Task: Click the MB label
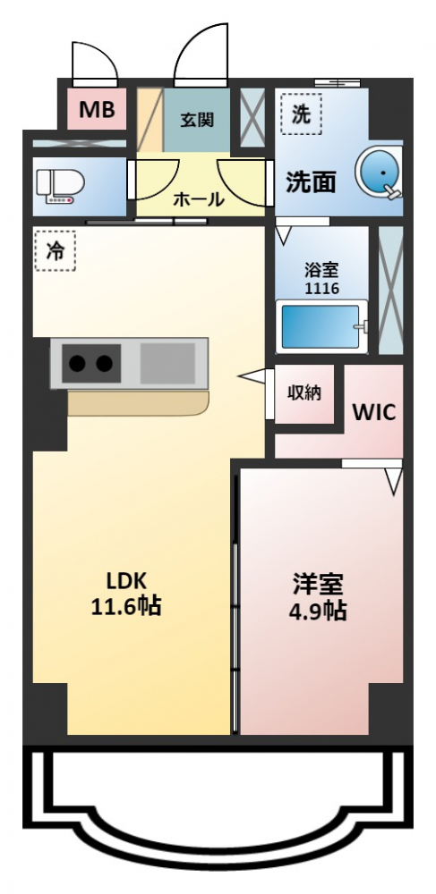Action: click(x=97, y=108)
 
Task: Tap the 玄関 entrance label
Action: click(x=198, y=120)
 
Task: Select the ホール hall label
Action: click(x=198, y=199)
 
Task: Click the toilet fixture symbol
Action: click(x=60, y=187)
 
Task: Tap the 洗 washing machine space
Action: click(x=301, y=114)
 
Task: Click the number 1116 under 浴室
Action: click(x=322, y=289)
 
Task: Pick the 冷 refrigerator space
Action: click(x=55, y=250)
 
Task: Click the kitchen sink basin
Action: click(x=167, y=363)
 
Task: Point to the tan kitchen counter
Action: click(x=138, y=403)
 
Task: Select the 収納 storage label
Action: click(x=303, y=392)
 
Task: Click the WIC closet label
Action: click(x=374, y=412)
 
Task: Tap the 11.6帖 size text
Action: click(x=126, y=606)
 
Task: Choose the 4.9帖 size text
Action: click(x=317, y=611)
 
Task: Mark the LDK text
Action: click(x=127, y=581)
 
